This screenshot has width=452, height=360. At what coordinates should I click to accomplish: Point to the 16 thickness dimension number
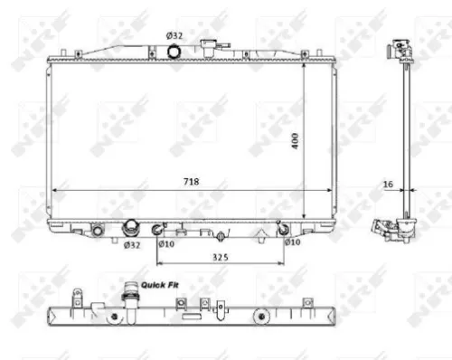click(x=388, y=184)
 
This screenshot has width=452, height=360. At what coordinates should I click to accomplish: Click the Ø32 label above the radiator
click(x=174, y=35)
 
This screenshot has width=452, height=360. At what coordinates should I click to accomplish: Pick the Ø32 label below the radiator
click(x=131, y=243)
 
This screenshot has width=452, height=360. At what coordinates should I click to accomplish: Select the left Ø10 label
click(x=165, y=242)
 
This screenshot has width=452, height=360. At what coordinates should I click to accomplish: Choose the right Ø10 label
click(x=291, y=242)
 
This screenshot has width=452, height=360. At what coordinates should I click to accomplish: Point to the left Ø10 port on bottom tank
click(x=156, y=229)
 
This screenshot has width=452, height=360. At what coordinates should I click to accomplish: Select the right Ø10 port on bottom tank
click(x=283, y=229)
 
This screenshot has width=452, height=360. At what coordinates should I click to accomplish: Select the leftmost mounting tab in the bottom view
click(x=78, y=295)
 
